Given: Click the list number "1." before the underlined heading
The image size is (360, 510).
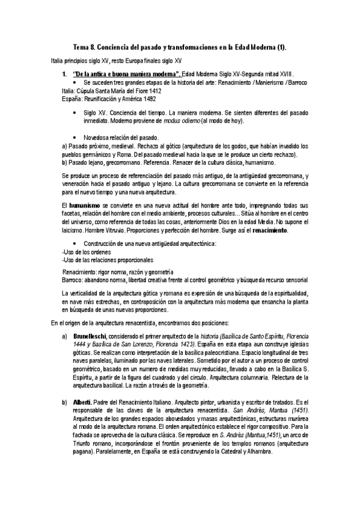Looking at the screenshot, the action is tap(66, 73).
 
